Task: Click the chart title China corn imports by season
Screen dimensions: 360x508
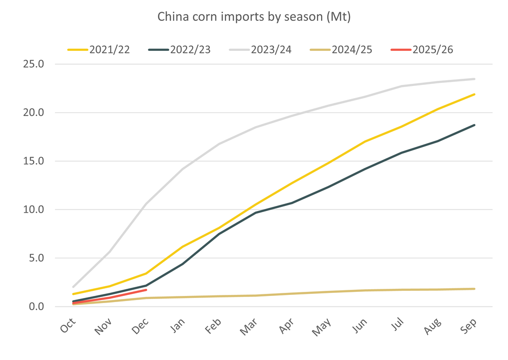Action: (254, 17)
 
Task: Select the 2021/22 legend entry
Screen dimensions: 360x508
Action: (99, 50)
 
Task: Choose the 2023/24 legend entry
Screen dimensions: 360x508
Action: (260, 50)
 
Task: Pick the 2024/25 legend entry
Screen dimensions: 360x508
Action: (341, 50)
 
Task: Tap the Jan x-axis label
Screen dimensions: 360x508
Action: (178, 323)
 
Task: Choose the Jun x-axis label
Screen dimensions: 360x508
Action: (360, 323)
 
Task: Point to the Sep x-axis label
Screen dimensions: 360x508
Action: (469, 323)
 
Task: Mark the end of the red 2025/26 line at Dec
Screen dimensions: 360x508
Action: (146, 290)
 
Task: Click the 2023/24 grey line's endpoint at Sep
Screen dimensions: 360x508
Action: (474, 79)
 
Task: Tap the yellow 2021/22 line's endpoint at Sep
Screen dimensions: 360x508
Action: (474, 95)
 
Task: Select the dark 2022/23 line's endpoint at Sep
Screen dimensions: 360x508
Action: (474, 125)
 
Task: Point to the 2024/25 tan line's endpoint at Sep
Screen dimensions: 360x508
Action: (474, 289)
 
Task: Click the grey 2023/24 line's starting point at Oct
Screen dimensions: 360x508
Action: (74, 287)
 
